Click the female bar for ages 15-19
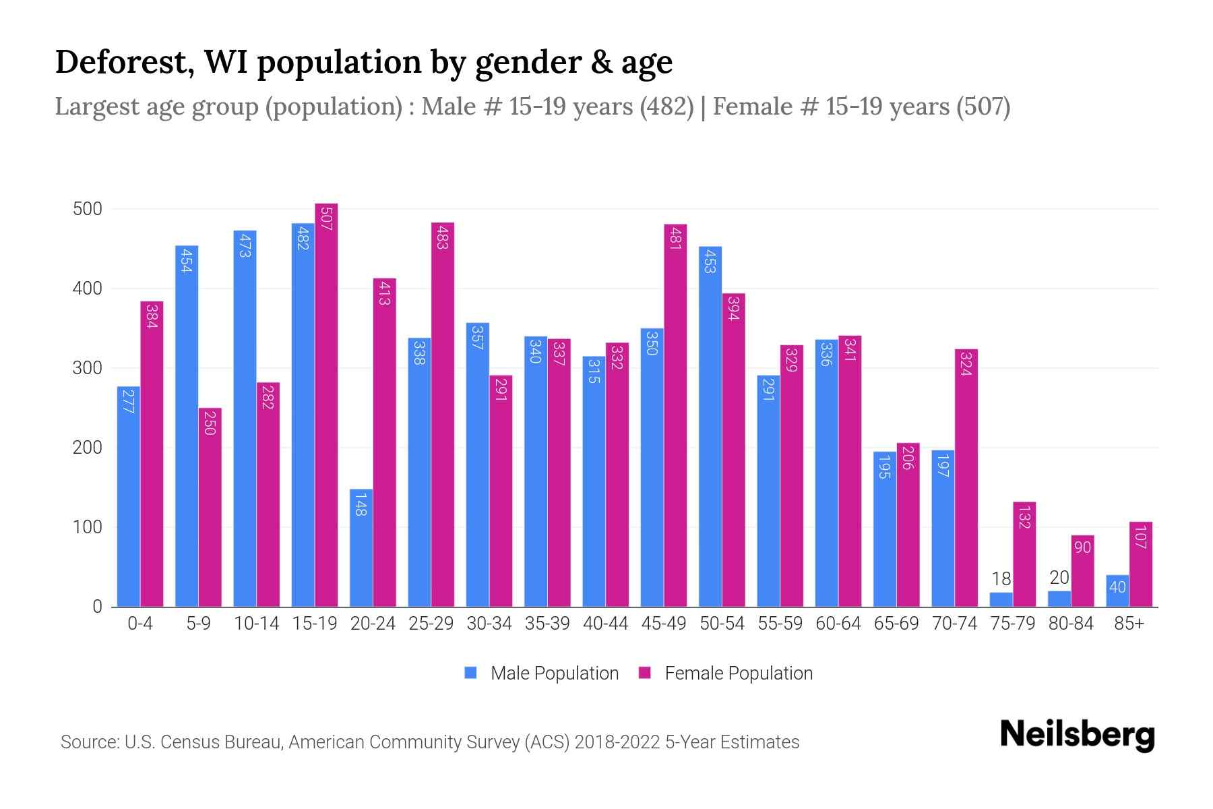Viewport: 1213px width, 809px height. pyautogui.click(x=326, y=404)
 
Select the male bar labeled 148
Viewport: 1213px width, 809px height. pyautogui.click(x=361, y=547)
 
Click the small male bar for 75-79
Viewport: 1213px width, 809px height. pyautogui.click(x=1001, y=599)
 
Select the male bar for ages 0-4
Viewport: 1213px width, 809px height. pyautogui.click(x=129, y=496)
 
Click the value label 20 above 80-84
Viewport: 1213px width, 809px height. pyautogui.click(x=1059, y=578)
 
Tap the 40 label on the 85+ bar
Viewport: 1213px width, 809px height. pyautogui.click(x=1117, y=587)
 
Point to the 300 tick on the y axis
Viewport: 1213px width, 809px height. pyautogui.click(x=88, y=368)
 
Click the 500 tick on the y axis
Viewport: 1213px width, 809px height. pyautogui.click(x=88, y=209)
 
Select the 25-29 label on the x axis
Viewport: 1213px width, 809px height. pyautogui.click(x=431, y=624)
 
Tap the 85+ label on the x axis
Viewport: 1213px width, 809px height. pyautogui.click(x=1129, y=624)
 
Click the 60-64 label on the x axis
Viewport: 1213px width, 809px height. pyautogui.click(x=838, y=624)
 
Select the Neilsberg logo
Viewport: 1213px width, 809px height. pyautogui.click(x=1077, y=735)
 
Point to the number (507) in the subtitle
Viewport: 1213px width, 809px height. pyautogui.click(x=983, y=107)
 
